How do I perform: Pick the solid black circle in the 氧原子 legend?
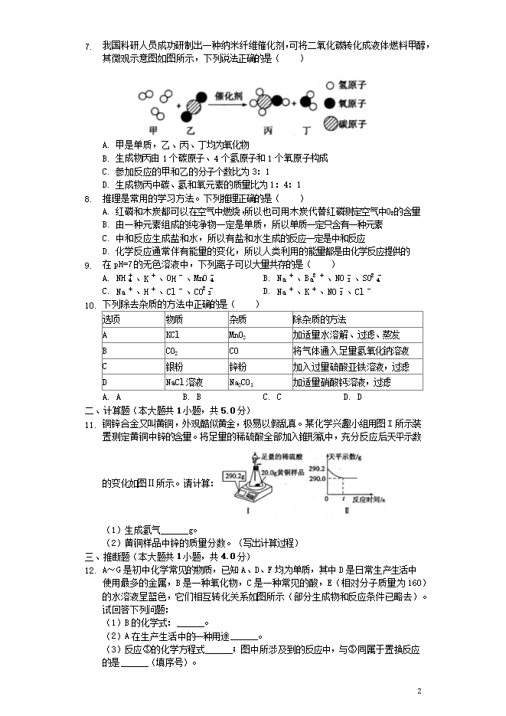330,104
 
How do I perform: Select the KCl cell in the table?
172,335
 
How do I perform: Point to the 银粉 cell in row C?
174,366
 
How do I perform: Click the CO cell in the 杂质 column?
234,351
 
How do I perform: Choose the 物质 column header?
174,319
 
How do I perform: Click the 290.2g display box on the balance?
234,476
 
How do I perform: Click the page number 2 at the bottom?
419,691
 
